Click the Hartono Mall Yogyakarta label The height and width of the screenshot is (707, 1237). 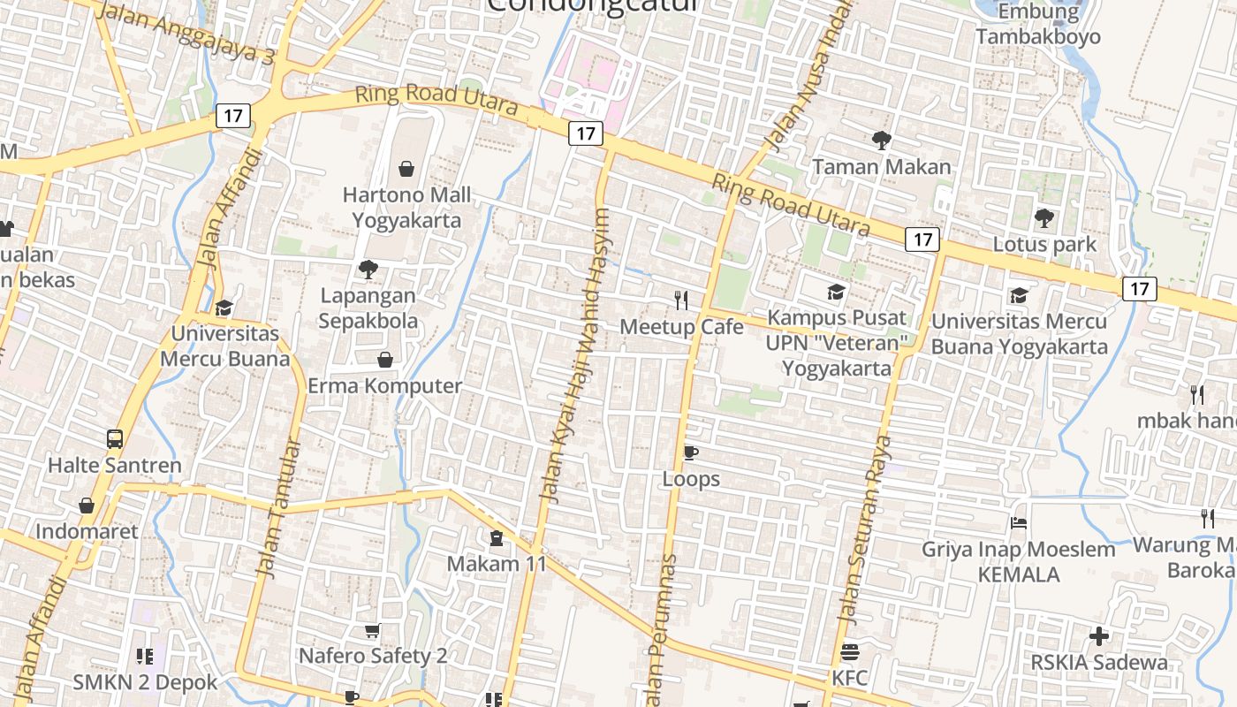pos(406,207)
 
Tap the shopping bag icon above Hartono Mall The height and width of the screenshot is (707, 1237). pos(406,168)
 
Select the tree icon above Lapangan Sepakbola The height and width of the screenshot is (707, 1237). pos(368,270)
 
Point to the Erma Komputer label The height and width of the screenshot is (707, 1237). pos(384,386)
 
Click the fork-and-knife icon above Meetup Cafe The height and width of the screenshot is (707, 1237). pos(681,300)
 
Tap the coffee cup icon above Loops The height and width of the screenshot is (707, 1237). pos(691,453)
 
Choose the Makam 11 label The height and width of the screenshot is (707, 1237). pos(497,563)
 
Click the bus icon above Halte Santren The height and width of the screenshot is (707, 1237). pos(115,439)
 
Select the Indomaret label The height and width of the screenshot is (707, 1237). pos(87,531)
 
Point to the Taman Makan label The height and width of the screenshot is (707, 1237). pos(881,166)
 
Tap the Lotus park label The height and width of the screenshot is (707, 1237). pos(1044,244)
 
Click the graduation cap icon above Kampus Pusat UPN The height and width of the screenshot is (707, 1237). pos(836,293)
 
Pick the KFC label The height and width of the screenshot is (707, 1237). pos(849,678)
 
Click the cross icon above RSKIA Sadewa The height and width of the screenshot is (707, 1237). pos(1099,636)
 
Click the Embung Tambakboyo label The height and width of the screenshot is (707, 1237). pos(1038,25)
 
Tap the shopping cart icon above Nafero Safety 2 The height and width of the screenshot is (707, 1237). pos(373,631)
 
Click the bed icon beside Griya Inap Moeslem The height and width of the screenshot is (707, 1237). pos(1019,523)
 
